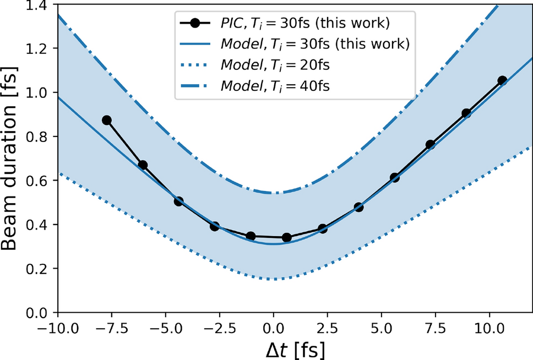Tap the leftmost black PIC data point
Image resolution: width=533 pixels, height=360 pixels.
pos(107,120)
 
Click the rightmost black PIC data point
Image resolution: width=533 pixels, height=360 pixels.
pos(502,80)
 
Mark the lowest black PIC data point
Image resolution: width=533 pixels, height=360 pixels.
pos(286,237)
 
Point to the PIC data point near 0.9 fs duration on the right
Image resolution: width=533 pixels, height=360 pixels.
pos(466,113)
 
